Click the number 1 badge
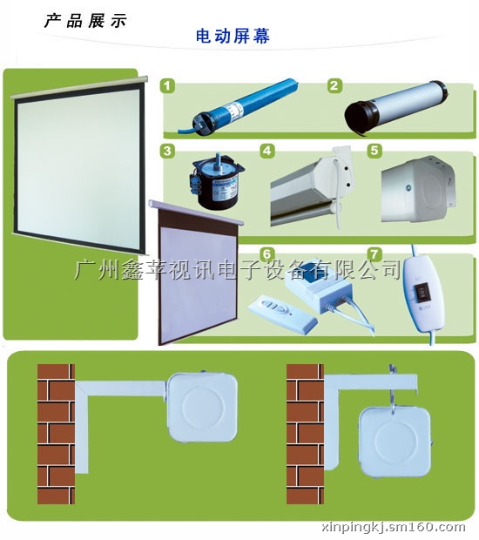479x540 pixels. [x=167, y=85]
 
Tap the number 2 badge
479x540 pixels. [x=334, y=85]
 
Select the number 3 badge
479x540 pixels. [x=167, y=151]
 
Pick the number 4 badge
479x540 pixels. [x=267, y=151]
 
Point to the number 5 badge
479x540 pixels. [x=374, y=151]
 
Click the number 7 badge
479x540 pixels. [x=374, y=254]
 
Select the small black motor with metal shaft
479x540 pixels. [x=216, y=183]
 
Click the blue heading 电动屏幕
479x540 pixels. [x=233, y=37]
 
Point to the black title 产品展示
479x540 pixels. [x=85, y=21]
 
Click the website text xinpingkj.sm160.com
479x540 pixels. [x=393, y=527]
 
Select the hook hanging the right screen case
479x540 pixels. [x=393, y=389]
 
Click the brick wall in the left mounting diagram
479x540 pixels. [x=56, y=434]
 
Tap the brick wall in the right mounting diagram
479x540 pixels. [x=305, y=434]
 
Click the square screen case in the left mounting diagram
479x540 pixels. [x=202, y=407]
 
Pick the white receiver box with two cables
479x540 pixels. [x=315, y=288]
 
